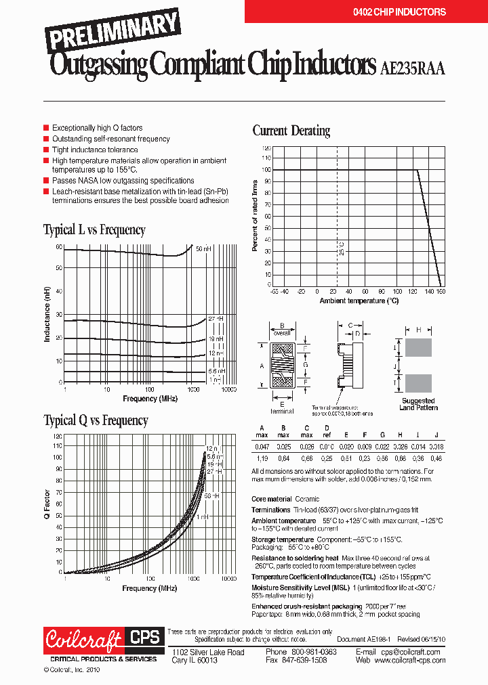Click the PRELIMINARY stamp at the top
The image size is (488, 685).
(x=113, y=31)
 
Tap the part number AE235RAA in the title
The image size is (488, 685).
(x=412, y=68)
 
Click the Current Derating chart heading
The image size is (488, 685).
(x=291, y=131)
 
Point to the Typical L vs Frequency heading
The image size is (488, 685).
(x=94, y=229)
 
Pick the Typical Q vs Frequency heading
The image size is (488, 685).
(x=96, y=420)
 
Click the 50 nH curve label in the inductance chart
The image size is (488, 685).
(x=203, y=249)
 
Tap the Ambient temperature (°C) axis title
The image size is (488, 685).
(x=359, y=301)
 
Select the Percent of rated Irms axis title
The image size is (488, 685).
(x=256, y=216)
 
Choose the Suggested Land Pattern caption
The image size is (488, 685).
(x=418, y=404)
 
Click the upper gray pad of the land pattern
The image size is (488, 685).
(x=418, y=348)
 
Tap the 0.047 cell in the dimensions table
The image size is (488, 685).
(x=261, y=447)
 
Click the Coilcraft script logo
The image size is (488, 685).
(x=83, y=639)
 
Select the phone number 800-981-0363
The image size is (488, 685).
(x=304, y=652)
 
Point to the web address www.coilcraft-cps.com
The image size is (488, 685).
(x=407, y=660)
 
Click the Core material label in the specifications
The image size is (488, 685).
(x=271, y=499)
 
